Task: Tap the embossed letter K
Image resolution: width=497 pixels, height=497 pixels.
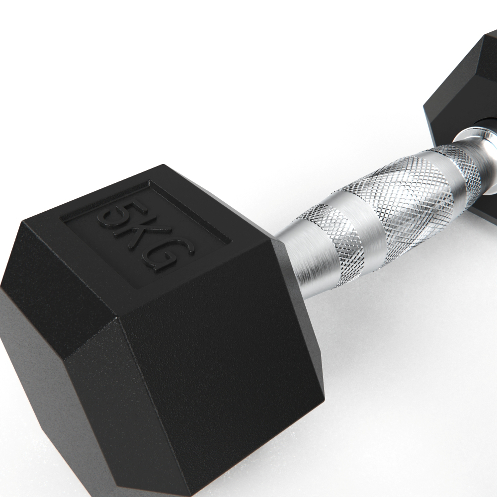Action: coord(145,236)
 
